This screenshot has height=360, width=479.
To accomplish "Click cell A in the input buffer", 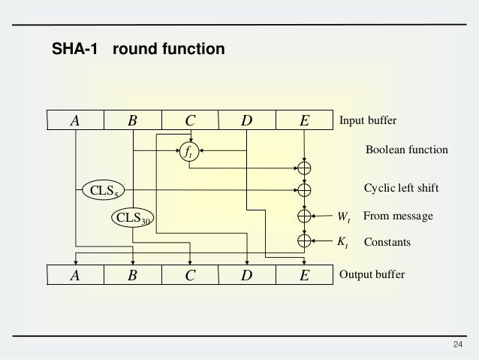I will pyautogui.click(x=75, y=120).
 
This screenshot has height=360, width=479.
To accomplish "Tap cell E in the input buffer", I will pyautogui.click(x=303, y=120).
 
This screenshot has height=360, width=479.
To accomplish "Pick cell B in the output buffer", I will pyautogui.click(x=132, y=275).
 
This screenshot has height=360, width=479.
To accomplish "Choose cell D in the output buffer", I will pyautogui.click(x=246, y=275).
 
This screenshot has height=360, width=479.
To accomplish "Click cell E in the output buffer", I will pyautogui.click(x=303, y=275).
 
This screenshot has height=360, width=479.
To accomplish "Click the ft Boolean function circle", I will pyautogui.click(x=189, y=151).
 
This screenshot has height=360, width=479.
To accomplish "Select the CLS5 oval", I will pyautogui.click(x=103, y=190).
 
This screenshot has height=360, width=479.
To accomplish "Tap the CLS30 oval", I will pyautogui.click(x=132, y=218).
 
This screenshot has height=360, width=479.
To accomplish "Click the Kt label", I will pyautogui.click(x=342, y=243).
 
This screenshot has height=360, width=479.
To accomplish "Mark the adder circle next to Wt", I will pyautogui.click(x=303, y=216).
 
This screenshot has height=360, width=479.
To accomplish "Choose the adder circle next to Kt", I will pyautogui.click(x=303, y=241).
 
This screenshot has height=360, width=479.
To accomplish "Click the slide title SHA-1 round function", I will pyautogui.click(x=137, y=51).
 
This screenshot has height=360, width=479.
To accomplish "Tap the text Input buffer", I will pyautogui.click(x=368, y=120).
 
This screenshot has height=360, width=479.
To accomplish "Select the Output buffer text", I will pyautogui.click(x=372, y=275).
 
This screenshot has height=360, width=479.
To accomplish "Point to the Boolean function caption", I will pyautogui.click(x=406, y=150).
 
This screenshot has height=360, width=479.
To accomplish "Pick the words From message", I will pyautogui.click(x=398, y=216).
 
